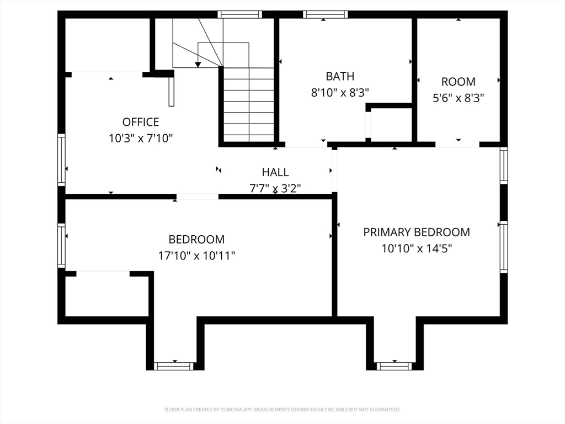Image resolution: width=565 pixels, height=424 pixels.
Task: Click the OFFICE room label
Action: point(141,122)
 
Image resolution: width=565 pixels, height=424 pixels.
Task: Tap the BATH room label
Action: point(340,76)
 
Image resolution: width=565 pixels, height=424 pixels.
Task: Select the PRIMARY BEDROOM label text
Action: point(417,232)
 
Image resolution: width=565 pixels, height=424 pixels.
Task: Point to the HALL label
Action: point(275,172)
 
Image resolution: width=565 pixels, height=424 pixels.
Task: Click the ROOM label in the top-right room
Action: point(459,82)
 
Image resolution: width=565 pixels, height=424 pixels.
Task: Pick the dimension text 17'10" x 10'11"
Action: point(197,256)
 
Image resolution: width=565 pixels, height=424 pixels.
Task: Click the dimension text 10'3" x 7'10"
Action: point(141,138)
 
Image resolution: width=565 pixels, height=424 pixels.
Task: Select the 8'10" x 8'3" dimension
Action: point(340,93)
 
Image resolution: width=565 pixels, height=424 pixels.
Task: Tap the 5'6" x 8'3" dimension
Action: point(459,98)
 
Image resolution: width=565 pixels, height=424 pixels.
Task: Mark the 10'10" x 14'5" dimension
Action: point(417,248)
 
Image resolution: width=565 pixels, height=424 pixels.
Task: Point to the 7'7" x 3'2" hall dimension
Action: point(275,188)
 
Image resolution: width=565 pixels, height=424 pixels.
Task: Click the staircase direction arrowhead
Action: point(198,65)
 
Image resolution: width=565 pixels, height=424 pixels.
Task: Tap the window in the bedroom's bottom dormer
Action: point(174,367)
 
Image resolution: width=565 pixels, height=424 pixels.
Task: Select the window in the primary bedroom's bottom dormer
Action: point(394,367)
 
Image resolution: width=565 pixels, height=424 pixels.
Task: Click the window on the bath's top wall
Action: point(326,14)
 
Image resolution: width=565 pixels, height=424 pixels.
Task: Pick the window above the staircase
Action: point(239,14)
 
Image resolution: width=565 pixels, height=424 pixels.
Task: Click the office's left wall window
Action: point(62,160)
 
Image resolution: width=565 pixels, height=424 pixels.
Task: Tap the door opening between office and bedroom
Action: point(197,197)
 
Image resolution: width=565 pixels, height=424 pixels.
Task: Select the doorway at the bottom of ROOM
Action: point(457,145)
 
